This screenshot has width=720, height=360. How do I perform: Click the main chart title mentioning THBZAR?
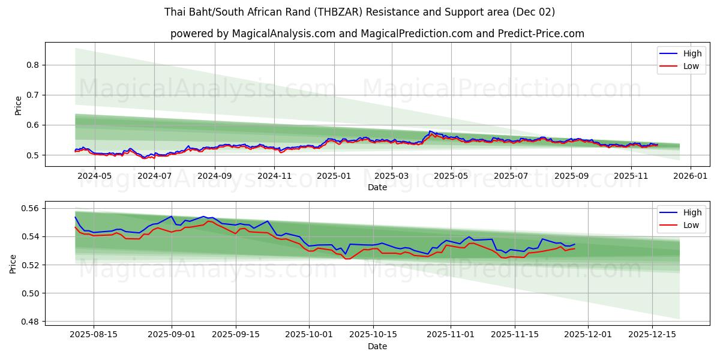[359, 12]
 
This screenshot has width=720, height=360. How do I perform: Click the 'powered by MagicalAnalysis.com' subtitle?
[377, 34]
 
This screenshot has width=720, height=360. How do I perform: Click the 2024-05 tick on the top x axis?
[95, 176]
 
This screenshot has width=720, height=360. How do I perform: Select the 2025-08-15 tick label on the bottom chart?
[94, 335]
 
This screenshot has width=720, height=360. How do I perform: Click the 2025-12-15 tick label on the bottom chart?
[652, 335]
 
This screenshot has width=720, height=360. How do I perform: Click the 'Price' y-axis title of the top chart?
[18, 106]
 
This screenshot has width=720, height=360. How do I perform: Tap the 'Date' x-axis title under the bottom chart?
[377, 346]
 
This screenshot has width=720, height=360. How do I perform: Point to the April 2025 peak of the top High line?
[430, 131]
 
